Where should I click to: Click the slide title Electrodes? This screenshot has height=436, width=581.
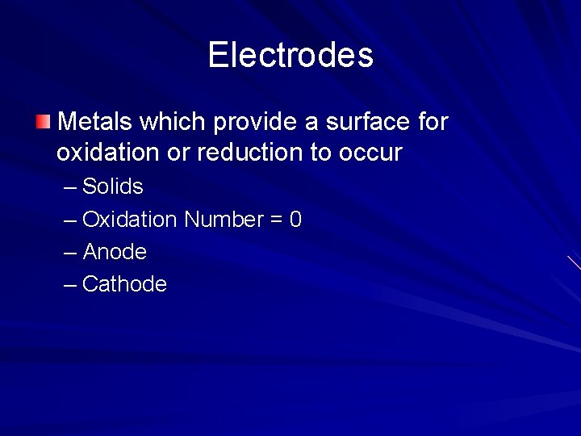290,55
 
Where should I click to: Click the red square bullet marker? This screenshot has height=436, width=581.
42,122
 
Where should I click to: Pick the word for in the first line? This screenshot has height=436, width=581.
433,122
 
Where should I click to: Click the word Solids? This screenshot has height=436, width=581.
113,187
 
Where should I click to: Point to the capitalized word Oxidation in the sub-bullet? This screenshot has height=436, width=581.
129,220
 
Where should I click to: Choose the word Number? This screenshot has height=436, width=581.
224,220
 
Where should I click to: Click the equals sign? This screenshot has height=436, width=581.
275,220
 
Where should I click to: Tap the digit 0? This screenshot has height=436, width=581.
295,220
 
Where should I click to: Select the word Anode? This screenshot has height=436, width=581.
115,252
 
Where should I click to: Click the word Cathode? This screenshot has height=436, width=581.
124,284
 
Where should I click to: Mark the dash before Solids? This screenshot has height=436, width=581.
70,187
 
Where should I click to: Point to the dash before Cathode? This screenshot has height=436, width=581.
70,285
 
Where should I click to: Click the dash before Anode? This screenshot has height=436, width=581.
70,253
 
